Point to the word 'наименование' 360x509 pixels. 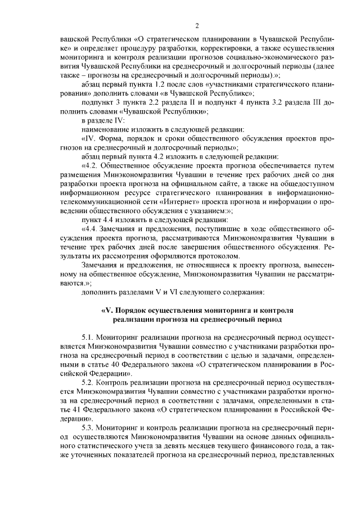[x=106, y=129]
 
